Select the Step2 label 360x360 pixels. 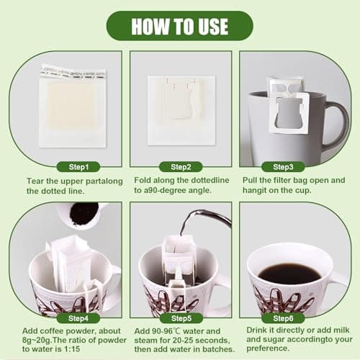click(180, 166)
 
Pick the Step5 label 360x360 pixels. click(180, 318)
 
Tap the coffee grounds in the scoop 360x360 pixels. click(84, 214)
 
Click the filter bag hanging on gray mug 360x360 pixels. click(288, 108)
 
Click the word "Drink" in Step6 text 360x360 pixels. click(258, 330)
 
